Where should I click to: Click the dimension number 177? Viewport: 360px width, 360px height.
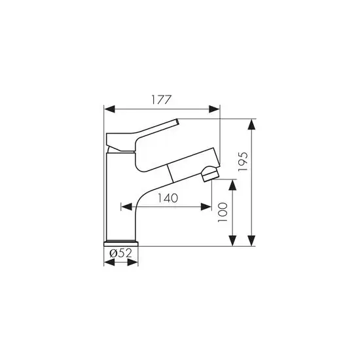[x=161, y=100]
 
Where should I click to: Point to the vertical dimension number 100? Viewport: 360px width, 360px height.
[x=223, y=213]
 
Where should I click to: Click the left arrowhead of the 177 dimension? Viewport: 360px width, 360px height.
[x=109, y=109]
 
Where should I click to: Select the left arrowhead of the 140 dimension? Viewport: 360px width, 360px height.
[x=125, y=208]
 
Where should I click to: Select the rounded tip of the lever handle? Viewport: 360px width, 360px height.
[x=177, y=122]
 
